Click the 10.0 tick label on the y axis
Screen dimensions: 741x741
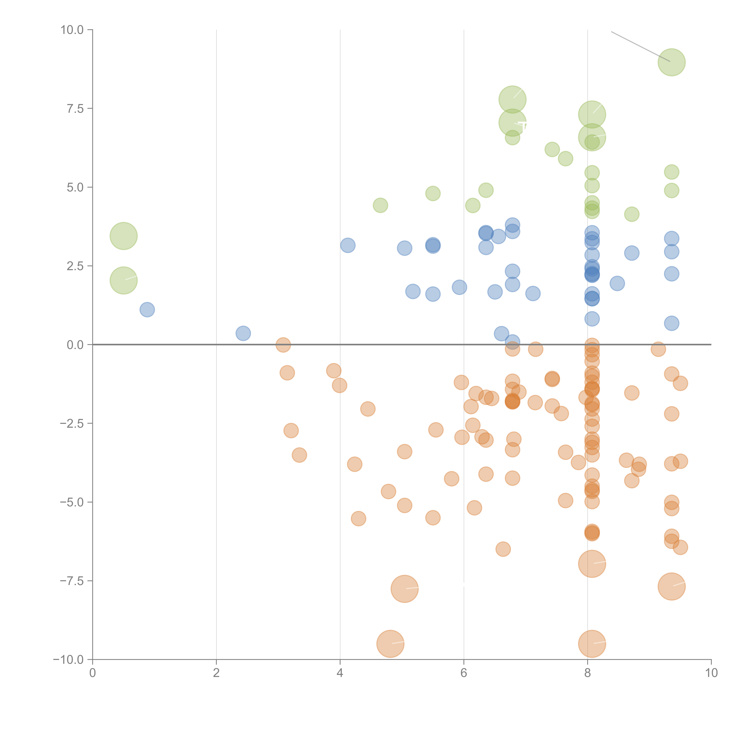coord(72,30)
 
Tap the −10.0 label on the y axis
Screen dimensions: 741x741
coord(68,660)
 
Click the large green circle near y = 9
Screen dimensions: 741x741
coord(672,62)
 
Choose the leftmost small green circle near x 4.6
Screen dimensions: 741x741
coord(380,205)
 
